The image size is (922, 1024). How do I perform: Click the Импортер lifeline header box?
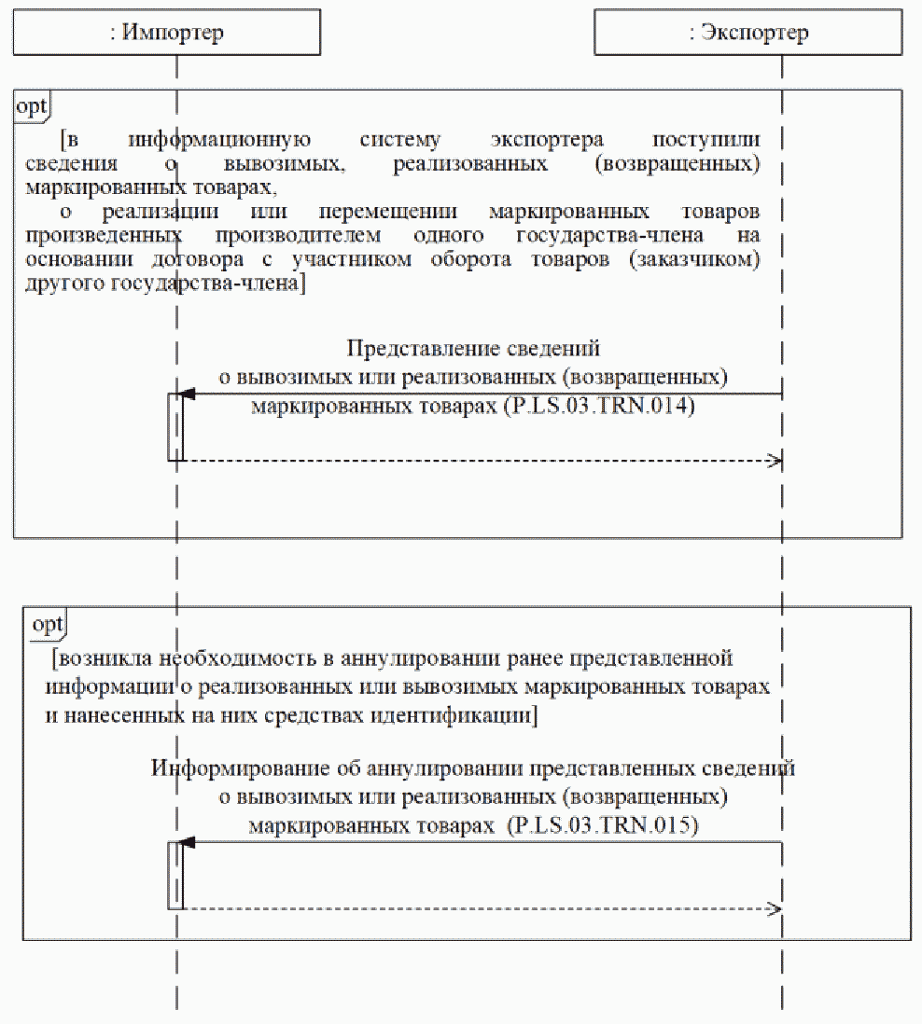[x=167, y=33]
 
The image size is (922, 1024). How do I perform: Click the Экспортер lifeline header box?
[x=747, y=33]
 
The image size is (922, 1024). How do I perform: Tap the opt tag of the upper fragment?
[x=32, y=105]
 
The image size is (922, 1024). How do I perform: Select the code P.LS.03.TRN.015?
[x=604, y=825]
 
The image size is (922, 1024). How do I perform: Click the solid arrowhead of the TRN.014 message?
[x=188, y=394]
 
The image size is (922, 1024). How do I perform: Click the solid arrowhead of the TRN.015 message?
[x=188, y=842]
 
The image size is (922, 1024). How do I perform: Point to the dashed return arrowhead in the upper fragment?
[x=774, y=461]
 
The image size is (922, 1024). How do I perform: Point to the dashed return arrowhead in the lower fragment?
[x=774, y=908]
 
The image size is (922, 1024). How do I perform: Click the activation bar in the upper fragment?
[x=175, y=427]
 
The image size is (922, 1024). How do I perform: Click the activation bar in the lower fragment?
[x=175, y=875]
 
